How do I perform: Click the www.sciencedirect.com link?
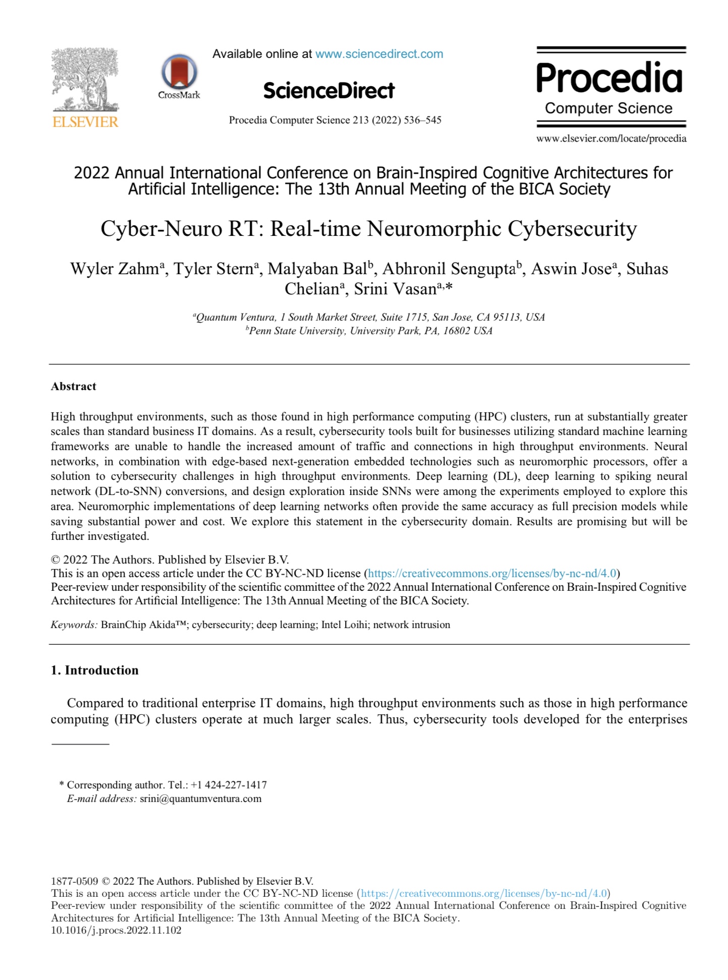pyautogui.click(x=379, y=54)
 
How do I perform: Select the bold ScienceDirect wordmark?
pyautogui.click(x=328, y=91)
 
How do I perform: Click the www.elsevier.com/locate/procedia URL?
pyautogui.click(x=611, y=139)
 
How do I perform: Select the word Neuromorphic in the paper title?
pyautogui.click(x=434, y=229)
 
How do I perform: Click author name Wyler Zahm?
pyautogui.click(x=115, y=269)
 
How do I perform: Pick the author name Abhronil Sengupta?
pyautogui.click(x=449, y=269)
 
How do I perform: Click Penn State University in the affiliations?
pyautogui.click(x=297, y=331)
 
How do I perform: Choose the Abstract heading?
pyautogui.click(x=74, y=386)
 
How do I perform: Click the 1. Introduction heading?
pyautogui.click(x=95, y=670)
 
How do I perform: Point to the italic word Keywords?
pyautogui.click(x=74, y=625)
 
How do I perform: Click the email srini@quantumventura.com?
pyautogui.click(x=201, y=799)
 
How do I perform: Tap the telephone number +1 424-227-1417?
pyautogui.click(x=229, y=785)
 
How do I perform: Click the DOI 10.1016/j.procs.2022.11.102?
pyautogui.click(x=116, y=930)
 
